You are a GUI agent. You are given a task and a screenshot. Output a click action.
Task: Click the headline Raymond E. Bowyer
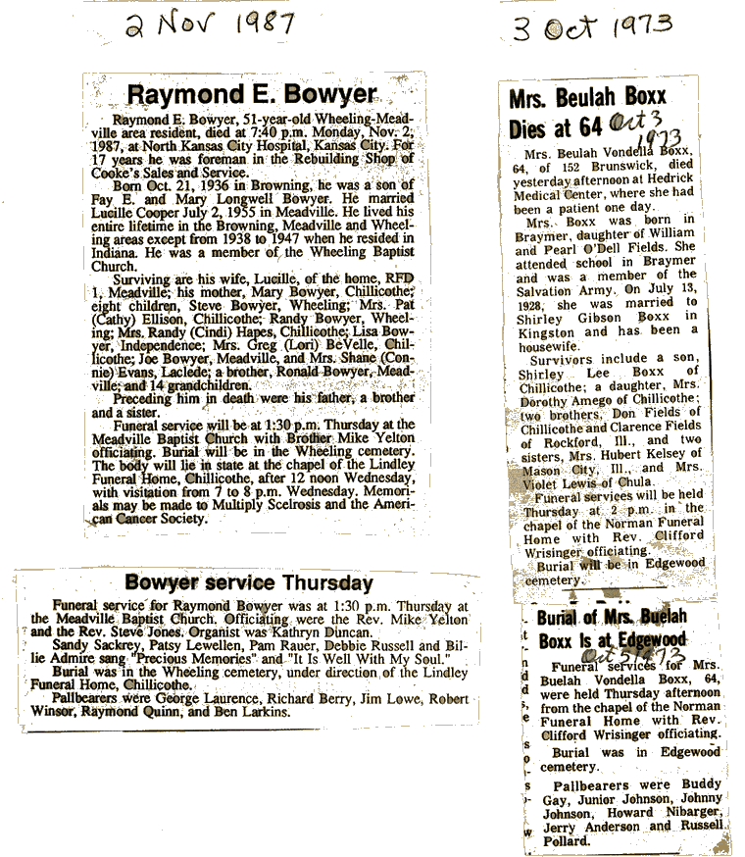pyautogui.click(x=252, y=94)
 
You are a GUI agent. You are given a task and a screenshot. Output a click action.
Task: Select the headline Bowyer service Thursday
pyautogui.click(x=249, y=582)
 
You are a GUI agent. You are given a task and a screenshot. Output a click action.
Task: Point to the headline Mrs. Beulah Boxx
pyautogui.click(x=587, y=97)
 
